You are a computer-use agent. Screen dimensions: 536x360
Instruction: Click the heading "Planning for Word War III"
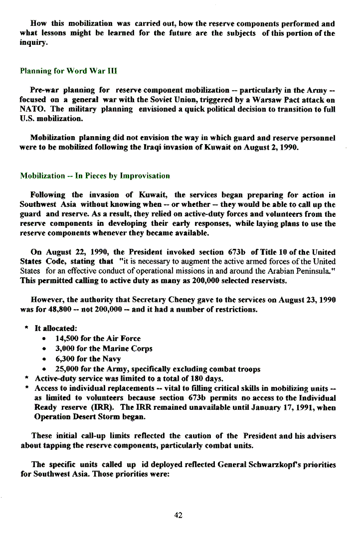pyautogui.click(x=68, y=71)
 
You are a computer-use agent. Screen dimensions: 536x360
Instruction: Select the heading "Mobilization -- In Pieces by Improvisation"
pyautogui.click(x=95, y=176)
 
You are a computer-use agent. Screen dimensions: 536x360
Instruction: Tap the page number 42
pyautogui.click(x=179, y=515)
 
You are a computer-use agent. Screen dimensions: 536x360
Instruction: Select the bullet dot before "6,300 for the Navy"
pyautogui.click(x=44, y=359)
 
